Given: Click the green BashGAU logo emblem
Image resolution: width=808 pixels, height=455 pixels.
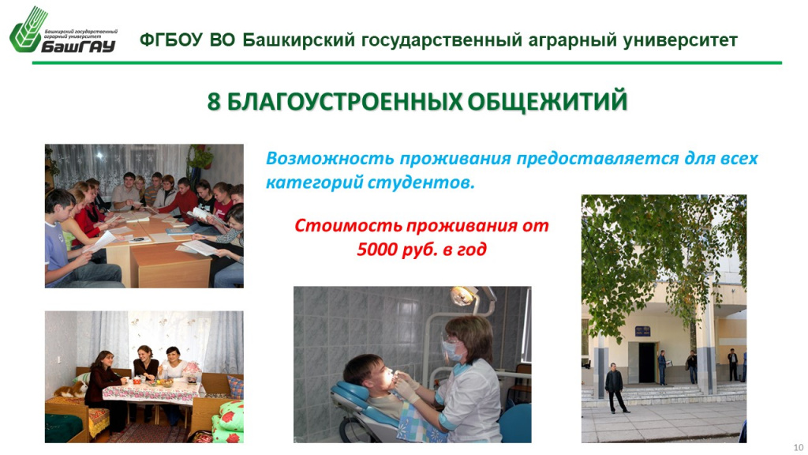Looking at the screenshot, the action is pyautogui.click(x=28, y=30).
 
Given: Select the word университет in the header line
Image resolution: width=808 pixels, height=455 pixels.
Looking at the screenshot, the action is pyautogui.click(x=680, y=40).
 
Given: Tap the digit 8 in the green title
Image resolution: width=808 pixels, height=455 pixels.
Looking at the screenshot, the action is pyautogui.click(x=213, y=102).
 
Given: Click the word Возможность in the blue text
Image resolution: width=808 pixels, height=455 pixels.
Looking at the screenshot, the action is pyautogui.click(x=331, y=158).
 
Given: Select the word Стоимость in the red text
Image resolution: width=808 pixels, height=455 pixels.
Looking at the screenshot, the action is pyautogui.click(x=348, y=225).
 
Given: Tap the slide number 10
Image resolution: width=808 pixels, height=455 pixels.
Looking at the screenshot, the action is pyautogui.click(x=799, y=447).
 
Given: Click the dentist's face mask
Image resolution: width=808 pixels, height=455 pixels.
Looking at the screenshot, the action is pyautogui.click(x=451, y=350).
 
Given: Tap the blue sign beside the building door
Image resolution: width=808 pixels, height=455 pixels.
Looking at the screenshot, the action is pyautogui.click(x=642, y=331).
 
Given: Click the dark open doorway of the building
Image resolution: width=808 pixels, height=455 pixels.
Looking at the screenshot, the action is pyautogui.click(x=647, y=363).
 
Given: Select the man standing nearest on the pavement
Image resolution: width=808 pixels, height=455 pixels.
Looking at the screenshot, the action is pyautogui.click(x=614, y=387).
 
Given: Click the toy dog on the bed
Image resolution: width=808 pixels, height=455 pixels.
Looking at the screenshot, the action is pyautogui.click(x=69, y=389).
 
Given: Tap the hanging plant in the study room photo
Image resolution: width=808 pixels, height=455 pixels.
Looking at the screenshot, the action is pyautogui.click(x=200, y=156).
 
